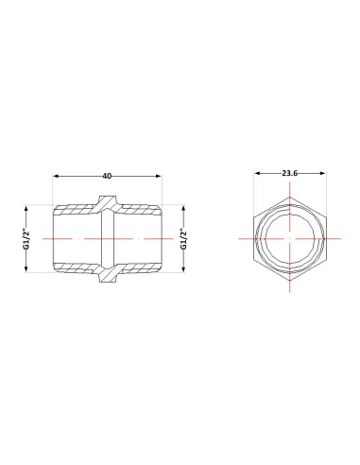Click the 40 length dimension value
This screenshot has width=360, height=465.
pos(107,176)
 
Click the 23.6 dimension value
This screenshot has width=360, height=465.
pos(290,173)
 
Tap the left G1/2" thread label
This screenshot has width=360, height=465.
pos(26,239)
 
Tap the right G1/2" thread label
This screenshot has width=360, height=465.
pos(183,239)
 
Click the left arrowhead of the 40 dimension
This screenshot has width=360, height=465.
pos(56,176)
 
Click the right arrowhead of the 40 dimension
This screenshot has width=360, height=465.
pos(158,176)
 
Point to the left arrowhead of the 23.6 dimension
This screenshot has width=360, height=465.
pos(257,173)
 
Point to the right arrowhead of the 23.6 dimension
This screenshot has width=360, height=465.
pos(322,173)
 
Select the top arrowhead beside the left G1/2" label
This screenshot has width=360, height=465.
pos(26,209)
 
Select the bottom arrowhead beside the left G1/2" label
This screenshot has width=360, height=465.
pos(26,268)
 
